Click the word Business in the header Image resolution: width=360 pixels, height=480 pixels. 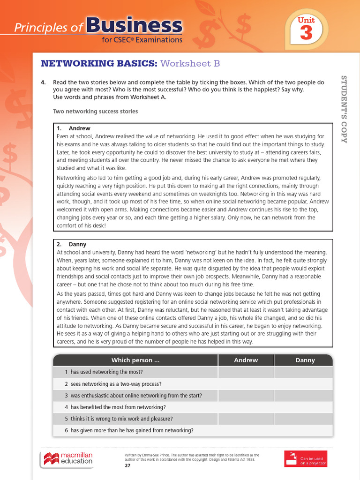(134, 26)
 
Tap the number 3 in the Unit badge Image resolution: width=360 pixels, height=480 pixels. (306, 34)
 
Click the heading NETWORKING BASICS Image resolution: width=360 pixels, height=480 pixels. (99, 63)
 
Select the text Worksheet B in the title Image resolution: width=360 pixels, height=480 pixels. (190, 63)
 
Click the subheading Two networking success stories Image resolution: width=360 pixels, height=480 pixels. (96, 111)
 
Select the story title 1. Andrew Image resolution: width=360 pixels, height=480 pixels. (74, 128)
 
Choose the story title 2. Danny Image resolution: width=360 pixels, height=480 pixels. (72, 244)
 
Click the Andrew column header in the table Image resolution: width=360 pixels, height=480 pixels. (246, 360)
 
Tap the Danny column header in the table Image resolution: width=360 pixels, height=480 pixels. (305, 360)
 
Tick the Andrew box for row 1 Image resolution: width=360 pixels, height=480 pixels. (246, 372)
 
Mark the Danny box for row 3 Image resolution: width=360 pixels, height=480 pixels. (303, 396)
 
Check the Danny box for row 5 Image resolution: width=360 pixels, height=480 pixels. (303, 419)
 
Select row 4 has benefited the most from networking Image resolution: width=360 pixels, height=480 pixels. (115, 407)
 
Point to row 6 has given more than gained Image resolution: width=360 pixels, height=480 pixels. (129, 430)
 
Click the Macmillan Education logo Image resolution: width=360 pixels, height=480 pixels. (68, 458)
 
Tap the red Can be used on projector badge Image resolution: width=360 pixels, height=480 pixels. (305, 458)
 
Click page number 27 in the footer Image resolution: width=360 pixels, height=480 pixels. (127, 465)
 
